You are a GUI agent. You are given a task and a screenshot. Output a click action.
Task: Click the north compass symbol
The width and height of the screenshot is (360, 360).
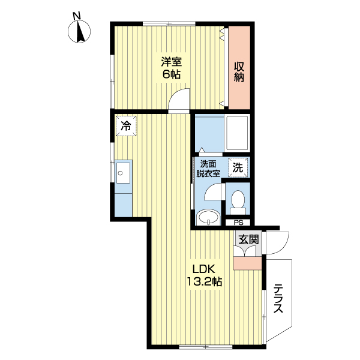coord(79,31)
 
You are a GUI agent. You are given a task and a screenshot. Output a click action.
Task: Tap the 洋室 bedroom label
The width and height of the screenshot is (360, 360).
coord(172,62)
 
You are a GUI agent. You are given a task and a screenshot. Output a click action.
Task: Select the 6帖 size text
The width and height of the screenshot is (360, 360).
coord(172,74)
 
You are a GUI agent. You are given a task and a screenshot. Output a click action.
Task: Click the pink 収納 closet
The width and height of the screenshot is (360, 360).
coord(239,67)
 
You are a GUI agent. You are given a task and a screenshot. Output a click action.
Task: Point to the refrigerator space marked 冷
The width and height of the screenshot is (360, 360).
coord(126,126)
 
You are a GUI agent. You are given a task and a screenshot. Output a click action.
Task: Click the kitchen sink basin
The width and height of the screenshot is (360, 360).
coord(123,173)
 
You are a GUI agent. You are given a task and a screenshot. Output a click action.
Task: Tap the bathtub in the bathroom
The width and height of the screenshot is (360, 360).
coord(237,133)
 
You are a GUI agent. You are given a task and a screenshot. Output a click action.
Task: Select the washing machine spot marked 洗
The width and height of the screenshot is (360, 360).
coord(238,167)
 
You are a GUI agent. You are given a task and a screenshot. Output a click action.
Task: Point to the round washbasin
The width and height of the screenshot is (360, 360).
coord(208,217)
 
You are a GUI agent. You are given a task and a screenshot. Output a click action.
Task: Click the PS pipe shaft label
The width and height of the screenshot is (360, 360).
coord(239,223)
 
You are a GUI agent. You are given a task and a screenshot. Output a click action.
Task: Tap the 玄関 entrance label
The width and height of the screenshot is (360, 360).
coord(248,239)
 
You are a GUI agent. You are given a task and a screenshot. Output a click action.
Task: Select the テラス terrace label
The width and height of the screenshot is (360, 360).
coord(278,298)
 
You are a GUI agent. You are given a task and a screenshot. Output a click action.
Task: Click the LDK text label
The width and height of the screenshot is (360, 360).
coord(204,269)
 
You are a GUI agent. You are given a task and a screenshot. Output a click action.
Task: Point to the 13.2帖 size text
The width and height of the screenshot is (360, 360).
coord(204,281)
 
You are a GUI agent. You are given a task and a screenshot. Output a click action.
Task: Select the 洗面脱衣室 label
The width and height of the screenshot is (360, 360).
coord(208,169)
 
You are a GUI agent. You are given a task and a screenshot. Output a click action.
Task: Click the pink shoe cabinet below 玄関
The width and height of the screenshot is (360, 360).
coord(247,263)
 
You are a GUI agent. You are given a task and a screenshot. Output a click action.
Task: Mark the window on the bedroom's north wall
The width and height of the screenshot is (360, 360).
coord(169,23)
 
